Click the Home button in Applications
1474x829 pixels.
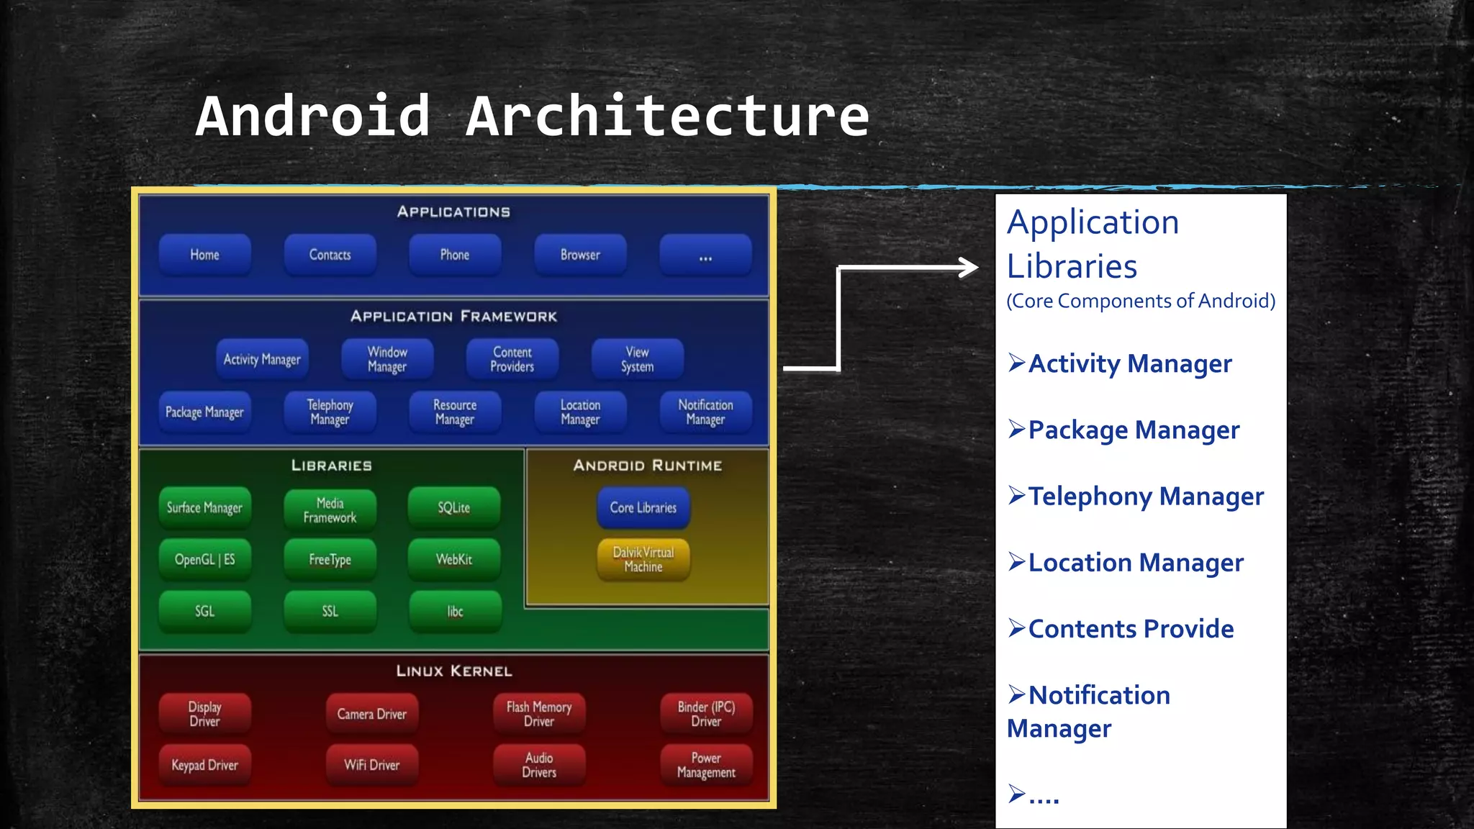pyautogui.click(x=205, y=255)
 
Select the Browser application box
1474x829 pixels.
pyautogui.click(x=580, y=255)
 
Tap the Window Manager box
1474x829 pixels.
pyautogui.click(x=387, y=359)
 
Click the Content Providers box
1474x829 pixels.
pyautogui.click(x=512, y=359)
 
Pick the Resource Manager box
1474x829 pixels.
pyautogui.click(x=455, y=412)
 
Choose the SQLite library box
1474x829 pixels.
pyautogui.click(x=454, y=507)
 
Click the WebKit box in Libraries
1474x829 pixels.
pyautogui.click(x=454, y=559)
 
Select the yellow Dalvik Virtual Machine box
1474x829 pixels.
pyautogui.click(x=643, y=559)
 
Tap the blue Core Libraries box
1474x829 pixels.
pyautogui.click(x=643, y=507)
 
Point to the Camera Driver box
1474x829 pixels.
pyautogui.click(x=372, y=714)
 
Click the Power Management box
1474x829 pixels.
pyautogui.click(x=706, y=765)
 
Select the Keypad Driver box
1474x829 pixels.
pyautogui.click(x=205, y=765)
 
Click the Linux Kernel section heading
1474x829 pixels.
pyautogui.click(x=454, y=671)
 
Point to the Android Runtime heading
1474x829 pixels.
pyautogui.click(x=648, y=466)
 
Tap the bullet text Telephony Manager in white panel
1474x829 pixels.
pyautogui.click(x=1145, y=497)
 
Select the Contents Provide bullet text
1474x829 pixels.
pyautogui.click(x=1130, y=629)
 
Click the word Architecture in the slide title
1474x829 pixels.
pyautogui.click(x=668, y=116)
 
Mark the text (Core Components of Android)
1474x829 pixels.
pyautogui.click(x=1141, y=301)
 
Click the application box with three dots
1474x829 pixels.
pyautogui.click(x=705, y=255)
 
